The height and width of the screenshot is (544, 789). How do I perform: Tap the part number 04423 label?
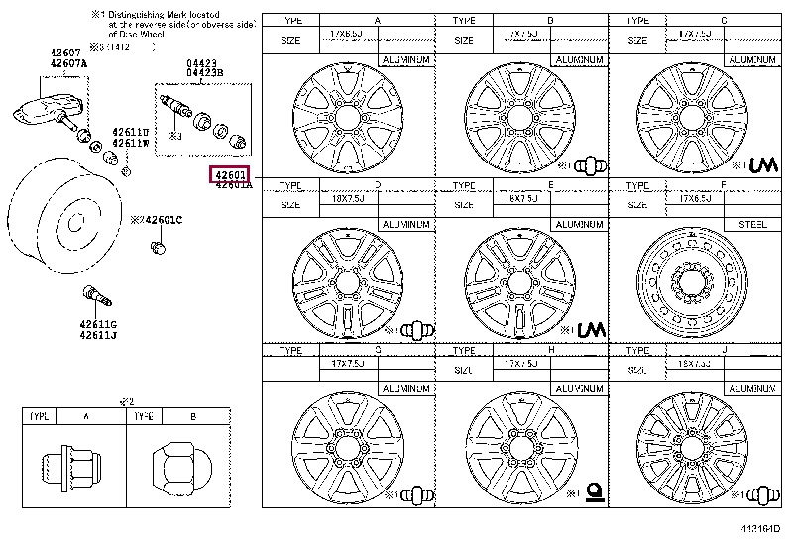click(201, 62)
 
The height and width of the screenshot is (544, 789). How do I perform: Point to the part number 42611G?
click(99, 324)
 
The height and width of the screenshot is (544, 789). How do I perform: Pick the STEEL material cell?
click(756, 224)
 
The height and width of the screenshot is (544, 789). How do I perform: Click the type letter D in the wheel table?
click(377, 184)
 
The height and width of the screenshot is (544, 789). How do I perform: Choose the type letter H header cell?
click(550, 351)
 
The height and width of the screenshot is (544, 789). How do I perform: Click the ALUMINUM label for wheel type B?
click(578, 60)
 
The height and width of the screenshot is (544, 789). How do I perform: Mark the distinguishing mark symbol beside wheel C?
click(762, 163)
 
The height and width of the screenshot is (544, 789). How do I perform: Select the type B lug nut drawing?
click(173, 463)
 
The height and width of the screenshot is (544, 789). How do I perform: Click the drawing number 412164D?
click(759, 534)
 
